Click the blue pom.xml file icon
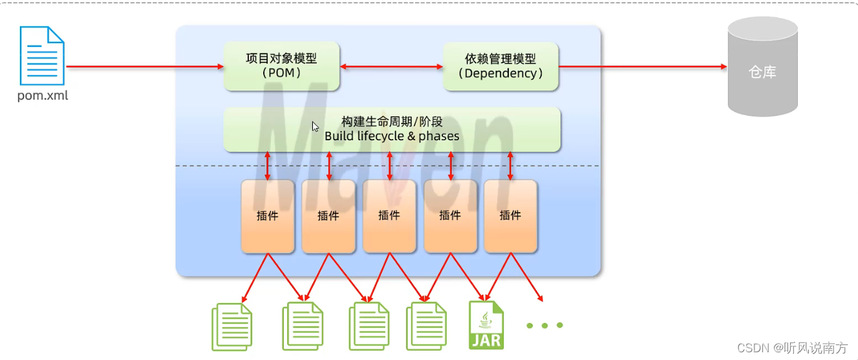click(42, 56)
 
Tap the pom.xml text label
click(43, 96)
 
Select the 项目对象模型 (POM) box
click(281, 66)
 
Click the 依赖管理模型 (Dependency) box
click(500, 66)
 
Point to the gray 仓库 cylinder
click(762, 67)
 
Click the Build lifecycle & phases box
click(392, 129)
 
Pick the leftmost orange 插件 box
click(267, 216)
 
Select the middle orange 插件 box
click(389, 216)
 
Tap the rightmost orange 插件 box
click(510, 216)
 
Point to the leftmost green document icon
click(231, 327)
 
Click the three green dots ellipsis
click(544, 325)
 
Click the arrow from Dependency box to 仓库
click(643, 67)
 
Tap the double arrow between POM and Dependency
click(391, 67)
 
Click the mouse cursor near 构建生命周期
click(316, 127)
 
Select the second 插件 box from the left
click(328, 216)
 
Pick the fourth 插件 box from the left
click(450, 216)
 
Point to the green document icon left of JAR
click(426, 327)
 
